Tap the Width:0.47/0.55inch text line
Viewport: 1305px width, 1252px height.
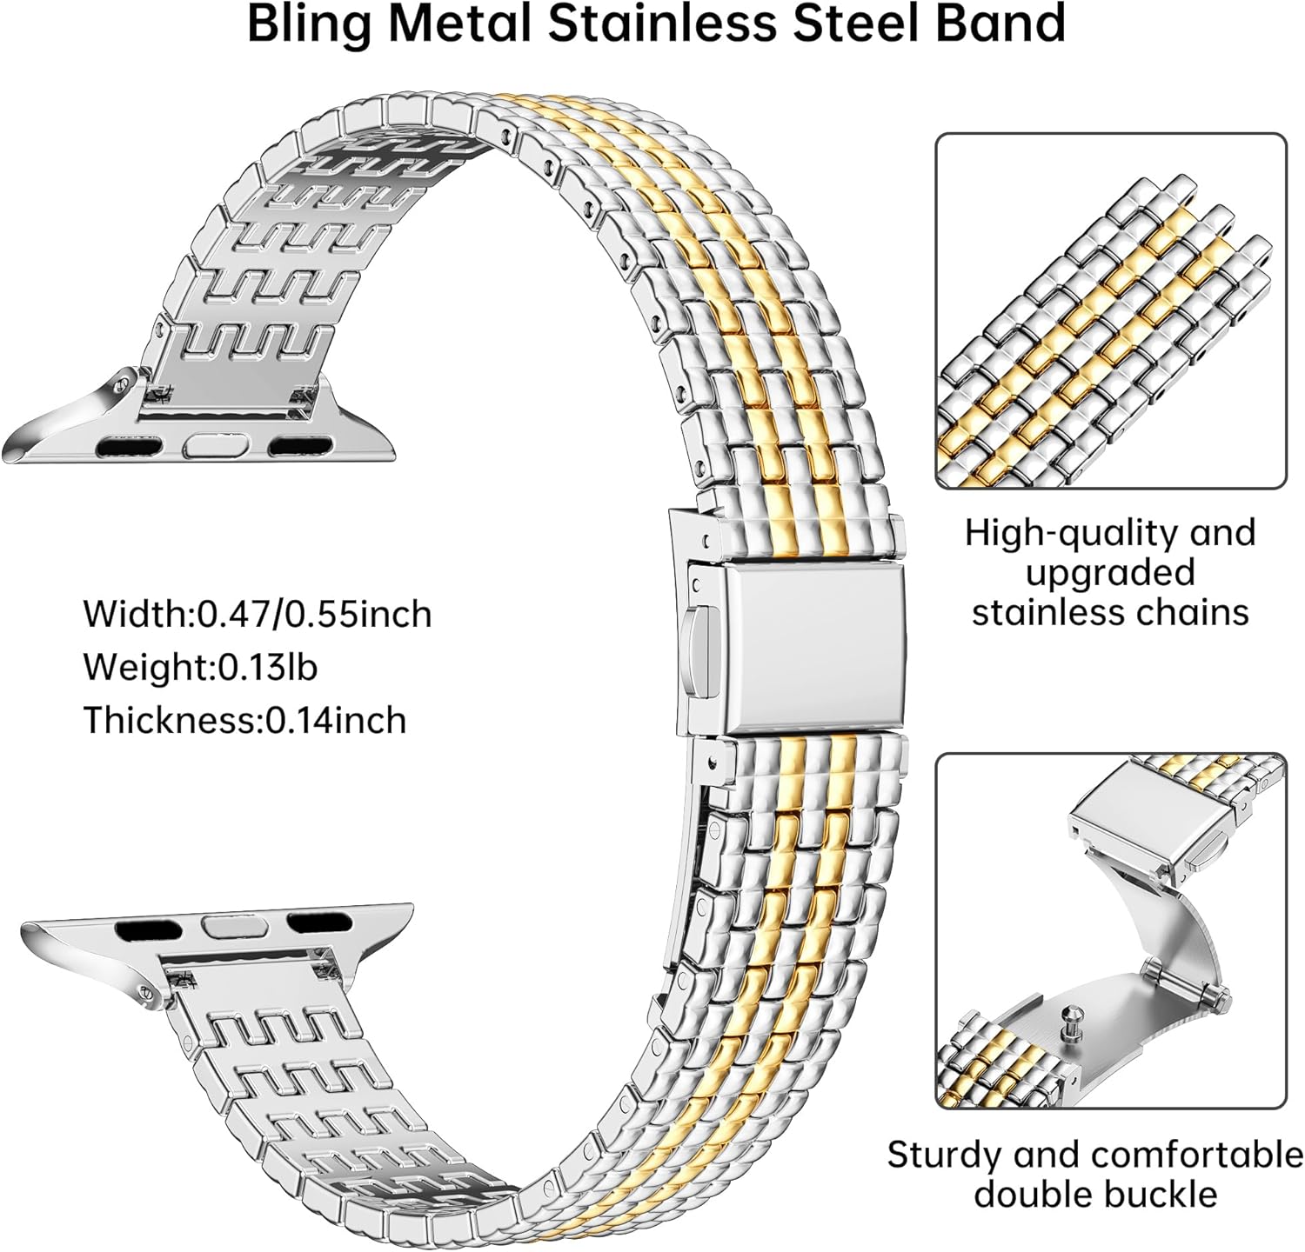258,614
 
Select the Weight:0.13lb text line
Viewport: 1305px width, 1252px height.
200,667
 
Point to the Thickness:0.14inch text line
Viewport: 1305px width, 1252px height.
244,720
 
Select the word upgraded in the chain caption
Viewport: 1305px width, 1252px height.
1110,573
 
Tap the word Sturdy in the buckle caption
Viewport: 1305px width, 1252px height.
942,1155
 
